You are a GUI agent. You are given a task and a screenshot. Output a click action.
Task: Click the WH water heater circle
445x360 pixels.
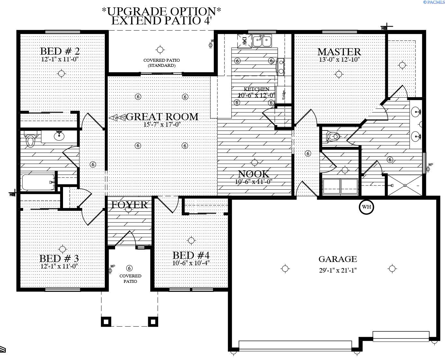coord(366,207)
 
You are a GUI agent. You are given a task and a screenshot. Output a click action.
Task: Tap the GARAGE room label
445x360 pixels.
coord(338,259)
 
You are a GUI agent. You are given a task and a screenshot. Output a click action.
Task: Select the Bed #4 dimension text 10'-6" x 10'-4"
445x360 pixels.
coord(191,263)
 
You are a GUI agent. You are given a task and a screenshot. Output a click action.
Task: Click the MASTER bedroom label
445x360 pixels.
coord(339,52)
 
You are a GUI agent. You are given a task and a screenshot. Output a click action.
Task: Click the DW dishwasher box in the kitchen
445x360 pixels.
coord(244,41)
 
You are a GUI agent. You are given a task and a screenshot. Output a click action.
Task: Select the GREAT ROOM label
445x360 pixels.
coord(162,117)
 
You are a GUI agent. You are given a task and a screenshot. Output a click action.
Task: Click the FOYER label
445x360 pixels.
coord(129,205)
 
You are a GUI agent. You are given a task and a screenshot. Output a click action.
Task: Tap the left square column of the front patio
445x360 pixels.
coord(106,321)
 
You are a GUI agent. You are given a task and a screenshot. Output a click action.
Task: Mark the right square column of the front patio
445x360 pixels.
coord(153,321)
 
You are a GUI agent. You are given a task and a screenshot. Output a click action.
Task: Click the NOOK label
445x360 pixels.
coord(254,174)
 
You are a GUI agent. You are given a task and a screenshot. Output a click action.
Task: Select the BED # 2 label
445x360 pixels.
coord(60,51)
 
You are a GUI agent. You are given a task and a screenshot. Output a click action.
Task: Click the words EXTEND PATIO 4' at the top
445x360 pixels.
coord(161,21)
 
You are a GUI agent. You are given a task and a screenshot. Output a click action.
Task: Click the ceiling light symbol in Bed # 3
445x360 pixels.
coord(62,249)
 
